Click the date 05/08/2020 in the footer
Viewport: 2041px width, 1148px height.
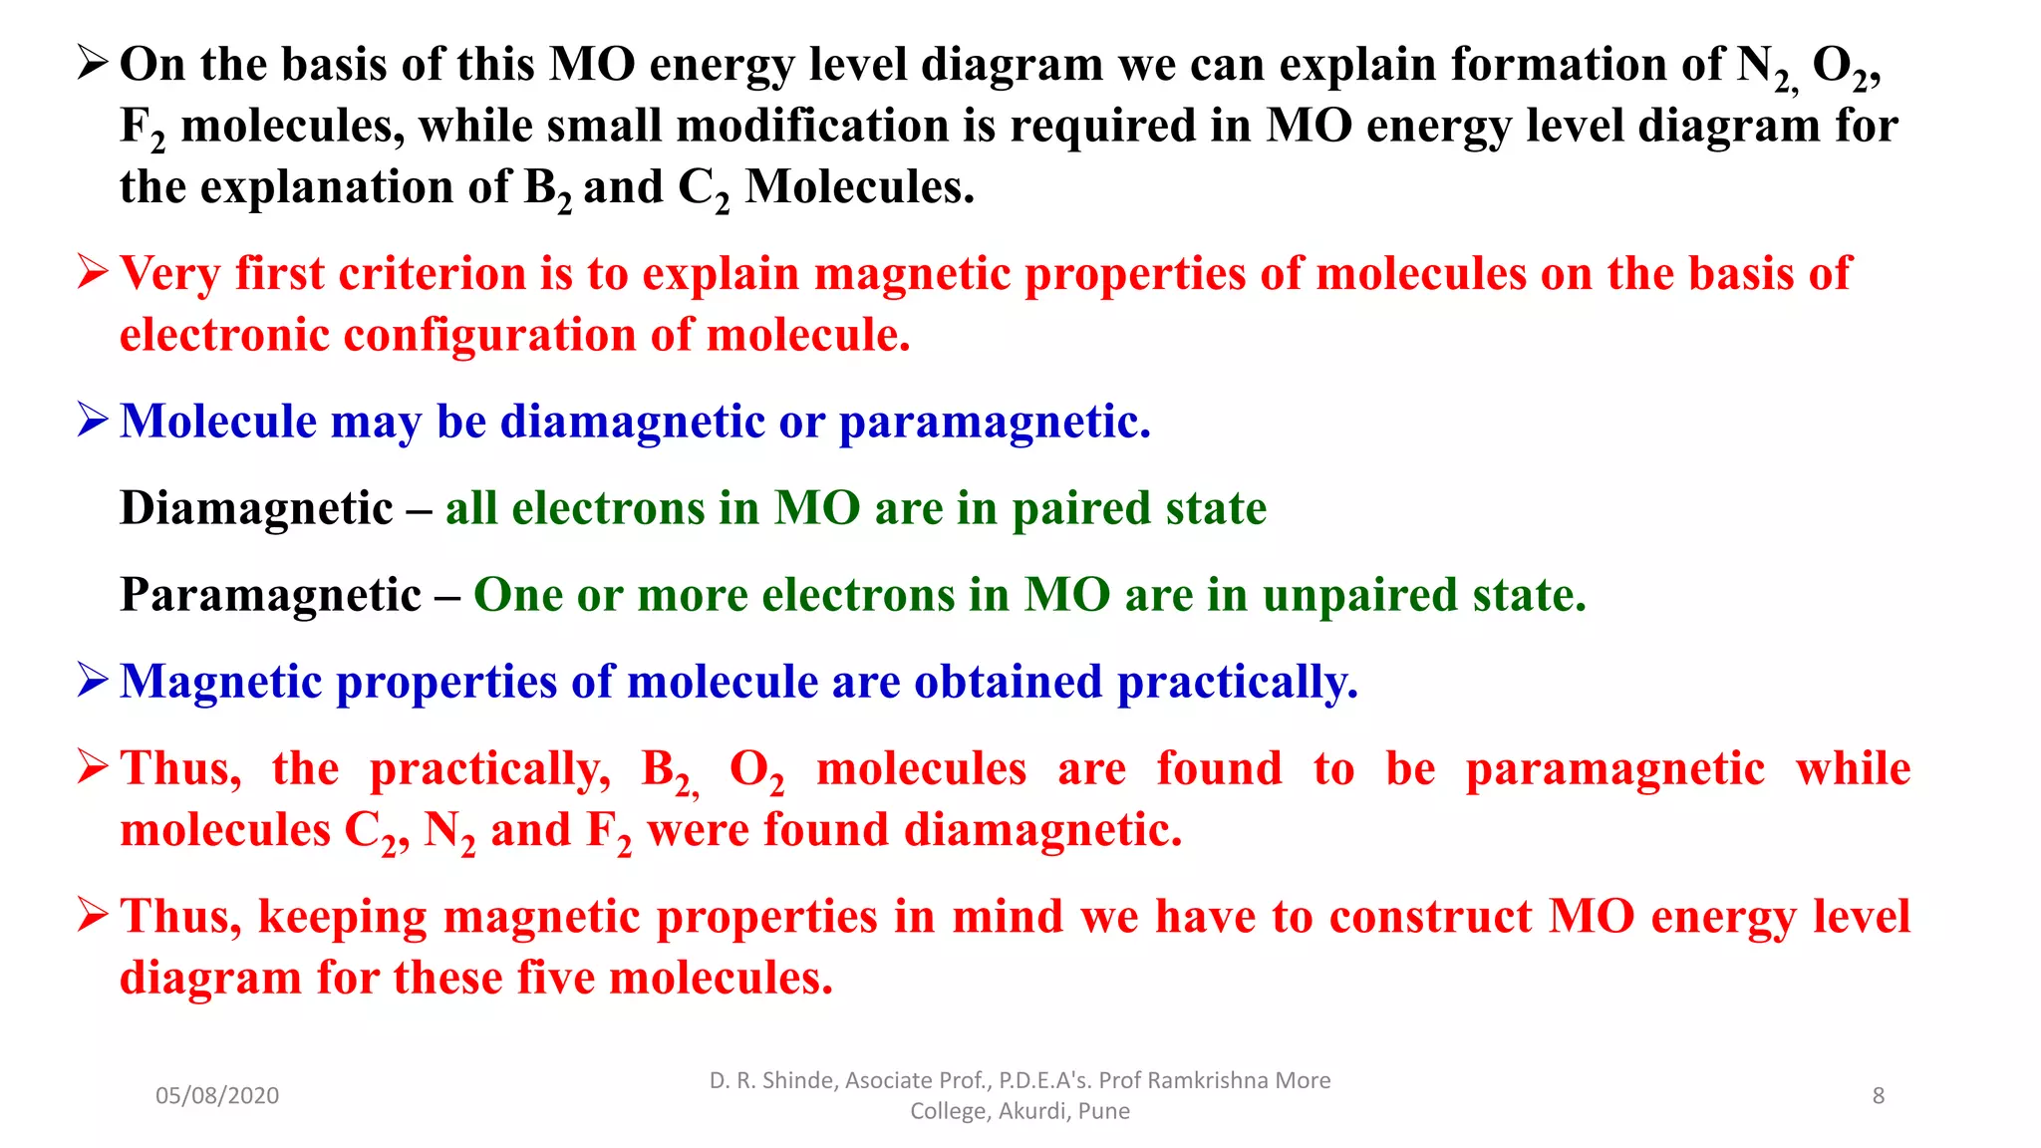(216, 1095)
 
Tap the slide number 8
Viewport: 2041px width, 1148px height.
(1878, 1095)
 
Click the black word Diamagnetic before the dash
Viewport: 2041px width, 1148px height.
(256, 508)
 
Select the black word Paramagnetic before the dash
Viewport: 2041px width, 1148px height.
(270, 595)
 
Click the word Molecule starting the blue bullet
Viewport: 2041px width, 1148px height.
(217, 421)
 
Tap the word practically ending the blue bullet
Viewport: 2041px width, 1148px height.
(1236, 683)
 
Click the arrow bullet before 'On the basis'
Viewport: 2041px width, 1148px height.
(92, 64)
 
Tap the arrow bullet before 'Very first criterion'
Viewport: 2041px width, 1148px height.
(92, 272)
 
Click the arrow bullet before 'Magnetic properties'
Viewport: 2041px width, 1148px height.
(92, 681)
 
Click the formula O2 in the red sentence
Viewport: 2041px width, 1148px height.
(755, 771)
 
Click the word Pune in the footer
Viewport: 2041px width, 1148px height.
(1103, 1111)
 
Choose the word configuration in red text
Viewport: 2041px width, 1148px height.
(489, 335)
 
